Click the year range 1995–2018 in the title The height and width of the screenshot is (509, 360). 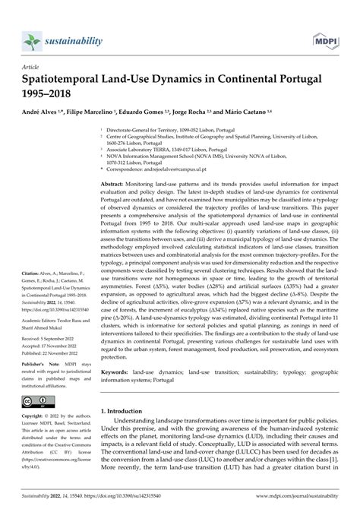point(52,93)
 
